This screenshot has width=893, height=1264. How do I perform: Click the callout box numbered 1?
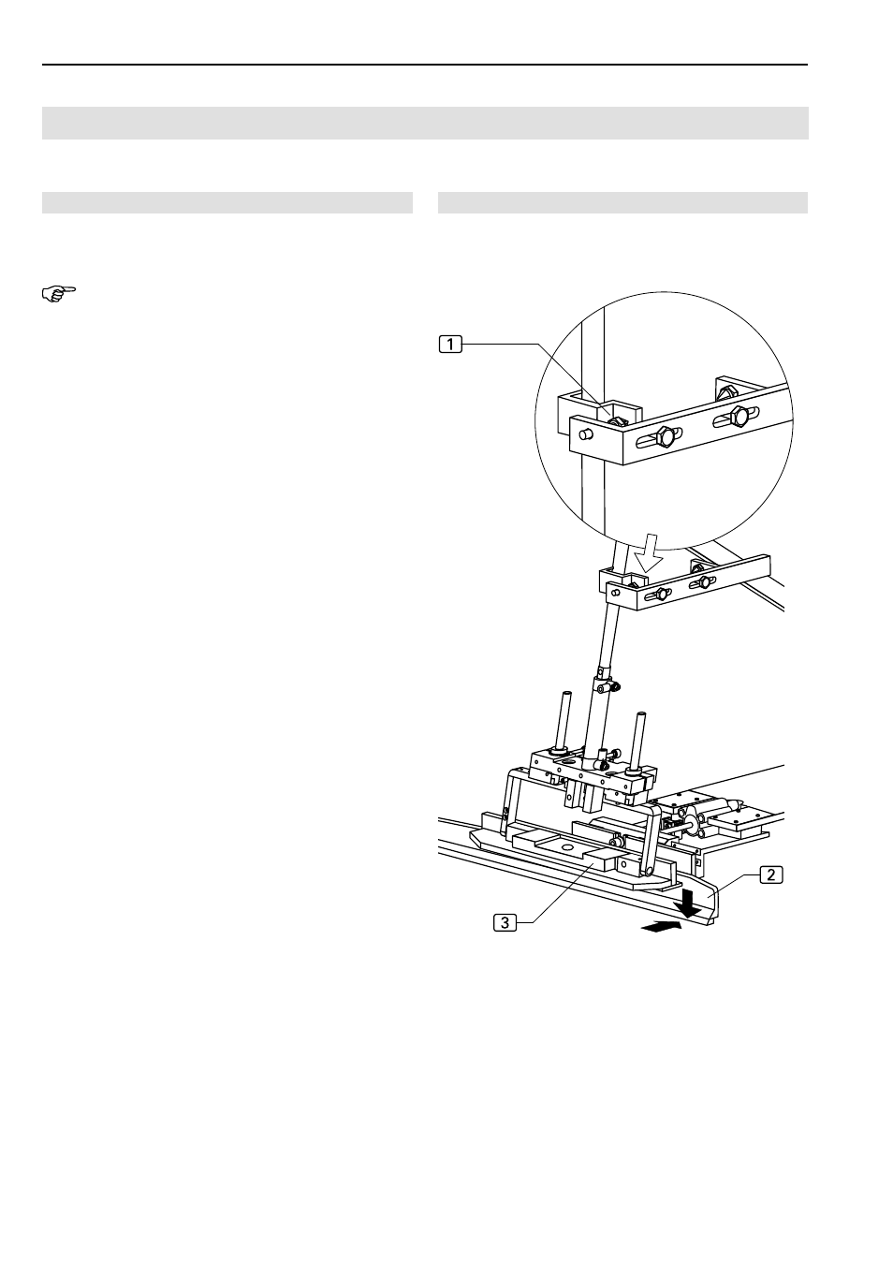450,344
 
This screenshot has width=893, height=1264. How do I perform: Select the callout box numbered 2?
770,875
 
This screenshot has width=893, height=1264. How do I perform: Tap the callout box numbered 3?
505,922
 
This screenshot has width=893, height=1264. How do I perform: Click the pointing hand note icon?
59,294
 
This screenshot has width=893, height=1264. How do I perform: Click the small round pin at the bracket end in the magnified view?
587,434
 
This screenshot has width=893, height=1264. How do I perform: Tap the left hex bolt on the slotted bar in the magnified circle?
666,435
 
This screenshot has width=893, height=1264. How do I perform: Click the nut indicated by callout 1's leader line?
616,421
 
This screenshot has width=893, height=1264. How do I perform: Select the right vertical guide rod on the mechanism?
638,741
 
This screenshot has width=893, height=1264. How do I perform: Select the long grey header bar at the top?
425,123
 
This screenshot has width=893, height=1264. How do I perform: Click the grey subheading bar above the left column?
227,202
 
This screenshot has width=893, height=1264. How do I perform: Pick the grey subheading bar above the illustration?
622,202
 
